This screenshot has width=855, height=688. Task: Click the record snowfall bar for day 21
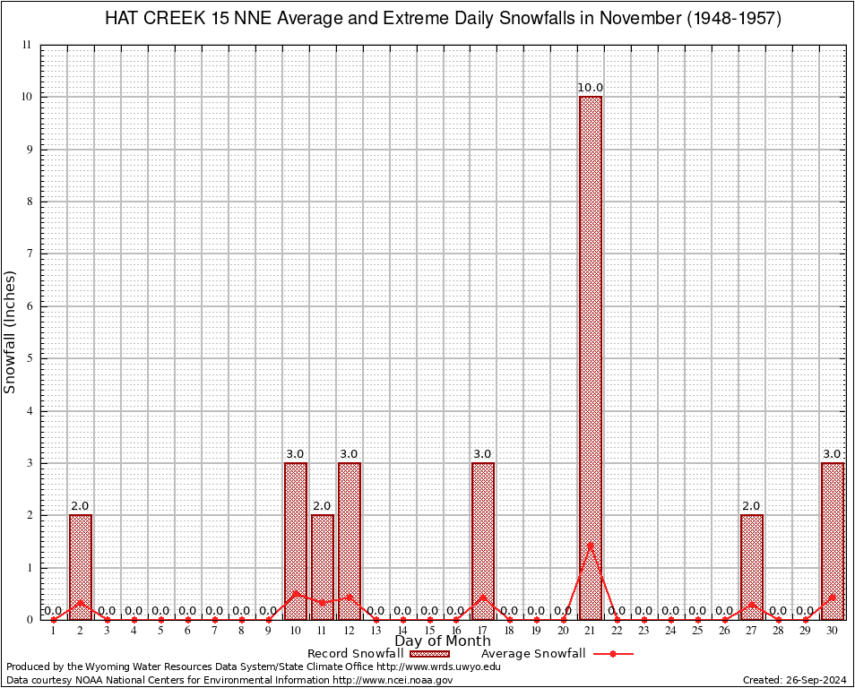pos(591,358)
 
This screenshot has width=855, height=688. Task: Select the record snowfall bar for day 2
pos(81,566)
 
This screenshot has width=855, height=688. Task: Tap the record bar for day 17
pos(483,540)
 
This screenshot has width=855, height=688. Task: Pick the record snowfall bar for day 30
pos(833,540)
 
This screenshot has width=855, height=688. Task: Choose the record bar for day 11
pos(323,566)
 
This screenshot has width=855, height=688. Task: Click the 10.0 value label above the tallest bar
pos(591,88)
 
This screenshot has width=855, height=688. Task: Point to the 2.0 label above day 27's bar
pos(752,506)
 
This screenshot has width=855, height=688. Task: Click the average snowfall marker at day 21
pos(591,545)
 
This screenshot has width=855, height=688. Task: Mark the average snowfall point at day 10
pos(296,593)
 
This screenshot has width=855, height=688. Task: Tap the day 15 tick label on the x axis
pos(429,632)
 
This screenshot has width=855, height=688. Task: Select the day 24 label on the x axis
pos(671,632)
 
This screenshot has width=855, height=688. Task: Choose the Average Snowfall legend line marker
pos(612,654)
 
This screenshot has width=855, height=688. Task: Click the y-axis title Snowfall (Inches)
pos(11,331)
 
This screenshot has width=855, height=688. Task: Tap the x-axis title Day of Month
pos(443,641)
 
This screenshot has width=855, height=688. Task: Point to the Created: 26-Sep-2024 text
pos(795,681)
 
